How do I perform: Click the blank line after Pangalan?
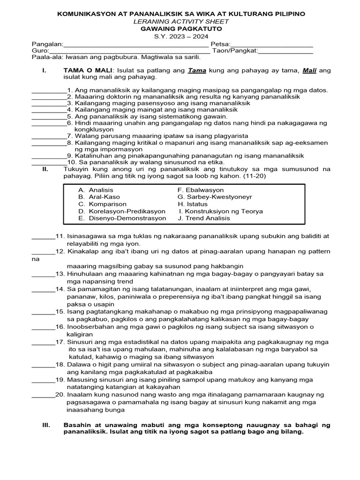click(135, 45)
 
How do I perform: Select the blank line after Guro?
click(129, 52)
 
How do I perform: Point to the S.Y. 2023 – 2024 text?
click(181, 36)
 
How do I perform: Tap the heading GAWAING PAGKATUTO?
click(181, 29)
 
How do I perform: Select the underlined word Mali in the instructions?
click(309, 70)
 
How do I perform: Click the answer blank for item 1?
click(48, 91)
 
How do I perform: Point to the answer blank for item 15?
click(43, 312)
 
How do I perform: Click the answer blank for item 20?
click(43, 396)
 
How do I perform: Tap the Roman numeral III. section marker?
click(46, 425)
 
